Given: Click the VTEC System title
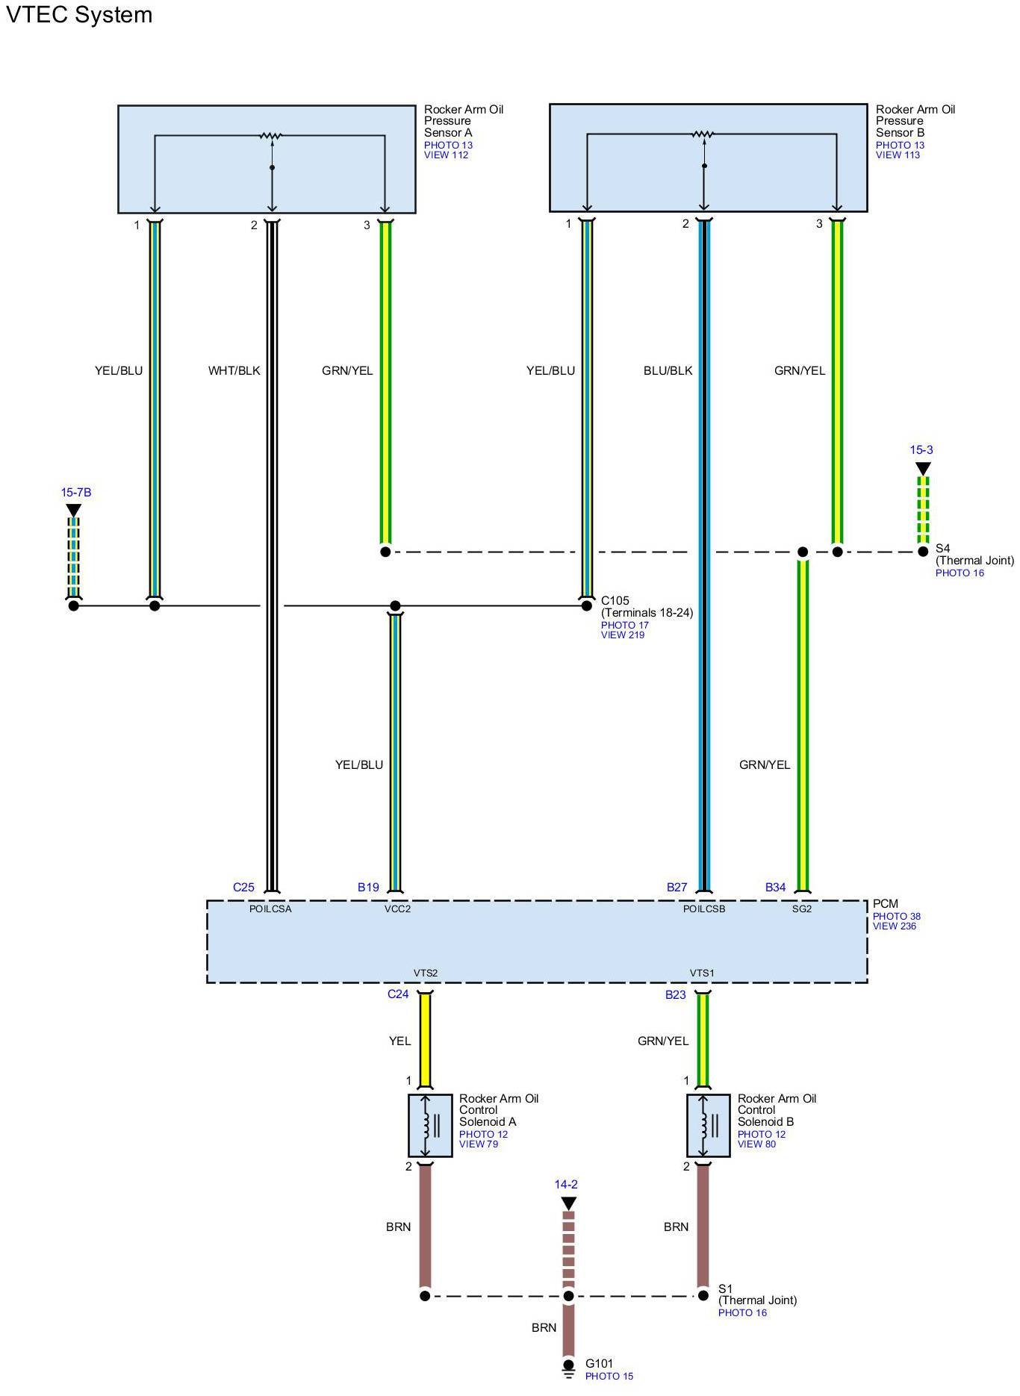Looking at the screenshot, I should tap(79, 15).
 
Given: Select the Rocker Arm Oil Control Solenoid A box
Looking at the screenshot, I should tap(430, 1125).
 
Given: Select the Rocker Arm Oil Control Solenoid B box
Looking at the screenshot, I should tap(708, 1125).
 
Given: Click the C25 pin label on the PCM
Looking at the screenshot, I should tap(243, 887).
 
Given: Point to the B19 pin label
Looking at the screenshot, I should tap(368, 887).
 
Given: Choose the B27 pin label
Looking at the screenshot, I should tap(677, 887).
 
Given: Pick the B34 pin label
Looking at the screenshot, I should tap(775, 887).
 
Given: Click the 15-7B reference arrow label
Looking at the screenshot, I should tap(76, 493).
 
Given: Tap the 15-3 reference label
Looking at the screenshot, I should tap(921, 450).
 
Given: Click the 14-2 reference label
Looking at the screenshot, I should tap(566, 1185).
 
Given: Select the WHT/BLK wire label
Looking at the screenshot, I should tap(234, 370).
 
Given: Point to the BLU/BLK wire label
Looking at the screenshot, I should tap(668, 370).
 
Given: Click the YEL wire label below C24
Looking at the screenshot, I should tap(399, 1041).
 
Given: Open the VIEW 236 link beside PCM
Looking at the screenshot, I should tap(895, 926).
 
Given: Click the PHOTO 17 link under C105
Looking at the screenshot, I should tap(625, 625).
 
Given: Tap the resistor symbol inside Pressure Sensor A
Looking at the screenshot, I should tap(270, 136).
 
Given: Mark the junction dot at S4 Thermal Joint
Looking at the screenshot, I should tap(923, 552).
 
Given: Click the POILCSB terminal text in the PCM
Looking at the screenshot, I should tap(704, 909).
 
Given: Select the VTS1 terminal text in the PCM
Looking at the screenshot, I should tap(702, 973).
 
